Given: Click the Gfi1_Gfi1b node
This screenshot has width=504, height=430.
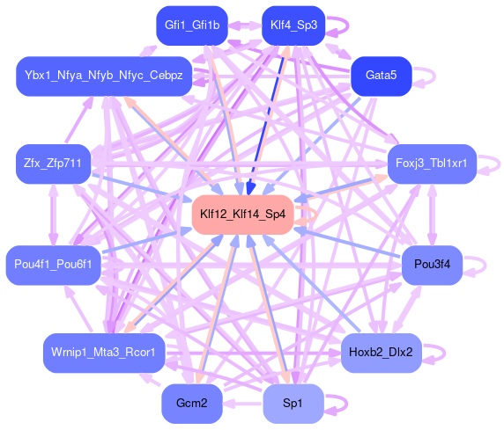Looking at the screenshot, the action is [192, 26].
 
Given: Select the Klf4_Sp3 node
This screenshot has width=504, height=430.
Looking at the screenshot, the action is [293, 26].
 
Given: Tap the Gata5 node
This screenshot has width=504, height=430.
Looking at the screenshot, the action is [382, 76].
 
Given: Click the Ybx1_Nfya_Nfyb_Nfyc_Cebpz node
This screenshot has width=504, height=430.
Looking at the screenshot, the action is [104, 76].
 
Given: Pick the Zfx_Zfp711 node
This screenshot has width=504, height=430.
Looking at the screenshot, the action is [54, 164].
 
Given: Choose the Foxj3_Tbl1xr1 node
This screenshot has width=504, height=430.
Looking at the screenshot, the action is [432, 164].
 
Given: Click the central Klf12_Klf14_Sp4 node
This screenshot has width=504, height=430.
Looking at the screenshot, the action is [242, 215].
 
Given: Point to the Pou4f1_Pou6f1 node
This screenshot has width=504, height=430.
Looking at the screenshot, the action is [54, 265].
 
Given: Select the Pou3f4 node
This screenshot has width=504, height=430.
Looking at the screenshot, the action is [432, 265].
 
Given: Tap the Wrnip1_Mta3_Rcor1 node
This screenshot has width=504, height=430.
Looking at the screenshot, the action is [104, 353].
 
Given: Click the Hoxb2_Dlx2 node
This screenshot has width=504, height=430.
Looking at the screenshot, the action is [381, 353].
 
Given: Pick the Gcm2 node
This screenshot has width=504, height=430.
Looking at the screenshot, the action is [192, 404].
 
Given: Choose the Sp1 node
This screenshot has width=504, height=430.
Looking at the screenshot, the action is [293, 404].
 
